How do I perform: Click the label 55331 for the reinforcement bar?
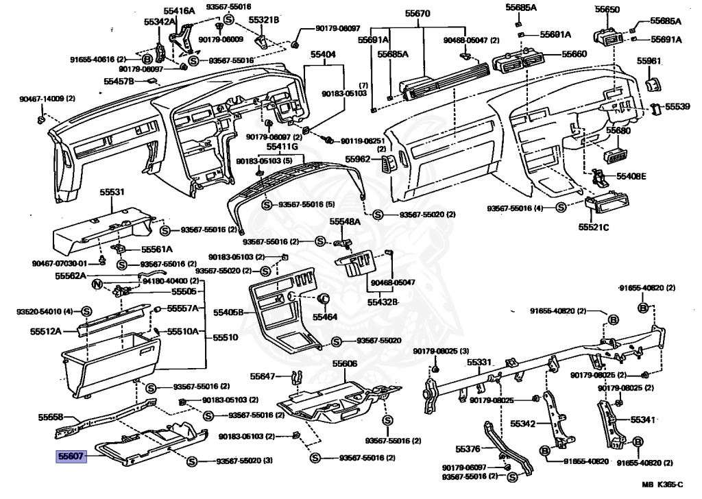pyautogui.click(x=481, y=363)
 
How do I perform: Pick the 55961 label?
pyautogui.click(x=649, y=61)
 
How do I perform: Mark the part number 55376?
pyautogui.click(x=469, y=450)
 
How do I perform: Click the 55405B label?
pyautogui.click(x=229, y=313)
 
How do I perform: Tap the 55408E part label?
pyautogui.click(x=631, y=175)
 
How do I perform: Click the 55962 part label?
pyautogui.click(x=357, y=160)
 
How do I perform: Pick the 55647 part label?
pyautogui.click(x=262, y=376)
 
